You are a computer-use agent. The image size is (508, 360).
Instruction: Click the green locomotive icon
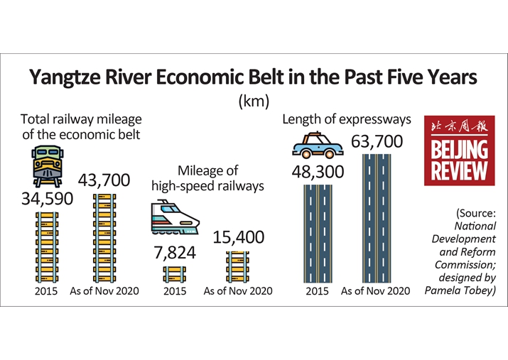[x=48, y=166]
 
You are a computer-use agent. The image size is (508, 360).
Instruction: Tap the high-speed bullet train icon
[x=175, y=217]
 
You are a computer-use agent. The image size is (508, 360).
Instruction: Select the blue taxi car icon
[x=318, y=146]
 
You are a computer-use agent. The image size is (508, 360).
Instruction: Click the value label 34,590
[x=48, y=198]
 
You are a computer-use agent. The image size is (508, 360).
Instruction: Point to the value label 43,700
[x=104, y=180]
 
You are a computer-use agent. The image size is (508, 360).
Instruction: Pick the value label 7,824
[x=175, y=253]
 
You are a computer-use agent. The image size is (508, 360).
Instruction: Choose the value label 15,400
[x=239, y=237]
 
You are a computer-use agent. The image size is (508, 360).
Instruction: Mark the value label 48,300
[x=318, y=172]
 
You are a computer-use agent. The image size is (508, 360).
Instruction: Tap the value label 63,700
[x=377, y=141]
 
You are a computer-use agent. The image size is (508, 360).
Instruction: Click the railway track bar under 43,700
[x=104, y=239]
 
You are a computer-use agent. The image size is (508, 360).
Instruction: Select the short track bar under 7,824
[x=175, y=275]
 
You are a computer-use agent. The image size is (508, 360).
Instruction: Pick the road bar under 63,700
[x=377, y=219]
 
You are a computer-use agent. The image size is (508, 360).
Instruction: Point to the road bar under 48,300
[x=318, y=234]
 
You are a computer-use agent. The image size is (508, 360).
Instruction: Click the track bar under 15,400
[x=237, y=267]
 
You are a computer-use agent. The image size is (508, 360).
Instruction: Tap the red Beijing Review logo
[x=460, y=151]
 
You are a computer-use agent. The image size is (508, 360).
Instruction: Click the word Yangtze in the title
[x=65, y=77]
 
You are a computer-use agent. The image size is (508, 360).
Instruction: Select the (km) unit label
[x=254, y=101]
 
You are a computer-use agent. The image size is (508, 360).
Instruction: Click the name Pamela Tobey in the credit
[x=460, y=290]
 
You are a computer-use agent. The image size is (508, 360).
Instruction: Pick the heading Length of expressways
[x=347, y=119]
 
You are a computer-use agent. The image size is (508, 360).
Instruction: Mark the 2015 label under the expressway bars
[x=317, y=291]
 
